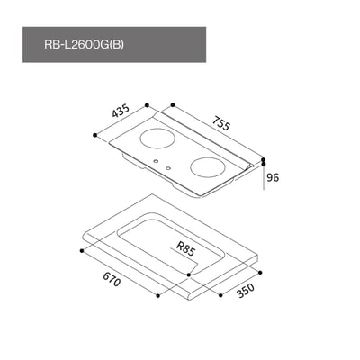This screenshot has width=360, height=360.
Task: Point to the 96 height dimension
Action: pyautogui.click(x=274, y=177)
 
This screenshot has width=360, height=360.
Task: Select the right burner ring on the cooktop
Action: pyautogui.click(x=207, y=168)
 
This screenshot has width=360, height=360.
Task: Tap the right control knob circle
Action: pyautogui.click(x=167, y=168)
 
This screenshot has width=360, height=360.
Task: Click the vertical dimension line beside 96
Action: pyautogui.click(x=264, y=177)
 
